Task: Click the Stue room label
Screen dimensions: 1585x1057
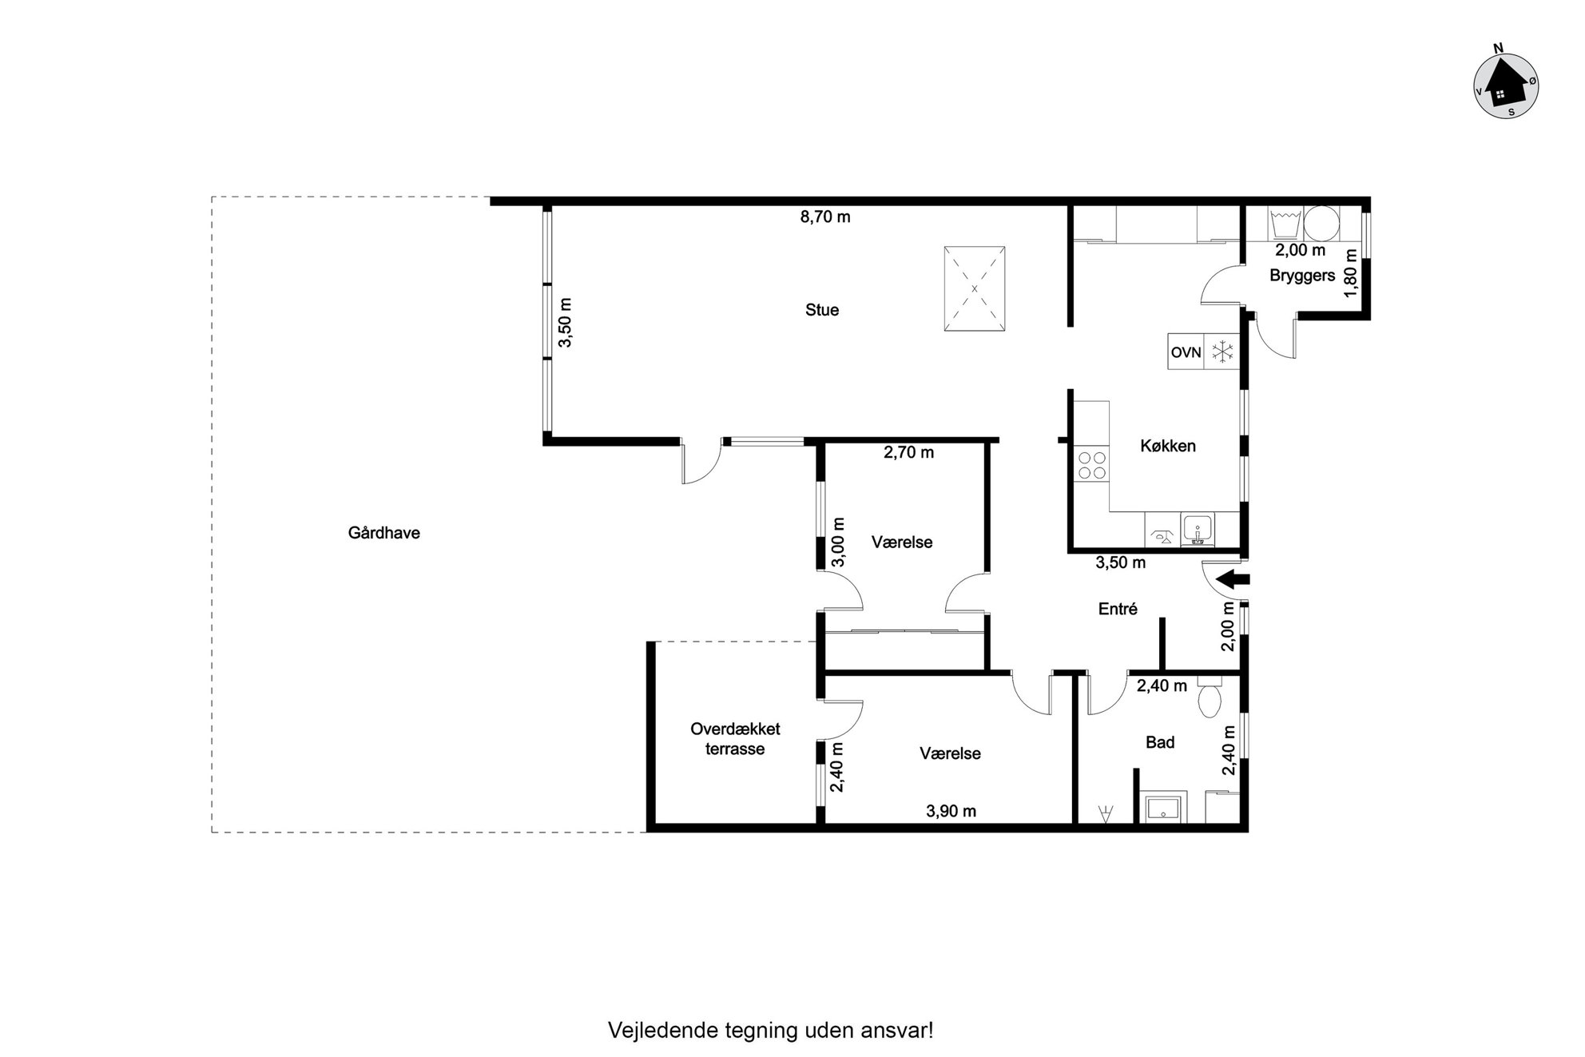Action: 822,310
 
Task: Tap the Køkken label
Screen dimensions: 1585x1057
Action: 1167,446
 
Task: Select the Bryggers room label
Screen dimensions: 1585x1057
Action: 1302,276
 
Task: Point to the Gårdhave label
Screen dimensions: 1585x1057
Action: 383,533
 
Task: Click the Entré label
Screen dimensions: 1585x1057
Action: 1118,609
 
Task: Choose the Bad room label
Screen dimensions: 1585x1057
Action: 1160,742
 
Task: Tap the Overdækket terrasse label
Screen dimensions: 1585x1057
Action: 735,739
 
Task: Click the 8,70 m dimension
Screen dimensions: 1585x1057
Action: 825,217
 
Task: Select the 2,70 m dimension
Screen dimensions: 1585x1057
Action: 908,452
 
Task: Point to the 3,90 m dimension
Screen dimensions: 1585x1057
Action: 951,811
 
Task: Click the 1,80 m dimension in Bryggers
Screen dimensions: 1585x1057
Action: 1351,273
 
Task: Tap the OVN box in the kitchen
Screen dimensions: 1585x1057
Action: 1186,352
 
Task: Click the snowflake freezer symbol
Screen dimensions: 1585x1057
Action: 1222,352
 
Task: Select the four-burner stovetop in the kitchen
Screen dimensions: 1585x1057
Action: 1092,465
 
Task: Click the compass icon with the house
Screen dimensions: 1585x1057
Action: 1505,86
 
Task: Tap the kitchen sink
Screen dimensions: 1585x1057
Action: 1198,530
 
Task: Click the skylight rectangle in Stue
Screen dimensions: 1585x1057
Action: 974,288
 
